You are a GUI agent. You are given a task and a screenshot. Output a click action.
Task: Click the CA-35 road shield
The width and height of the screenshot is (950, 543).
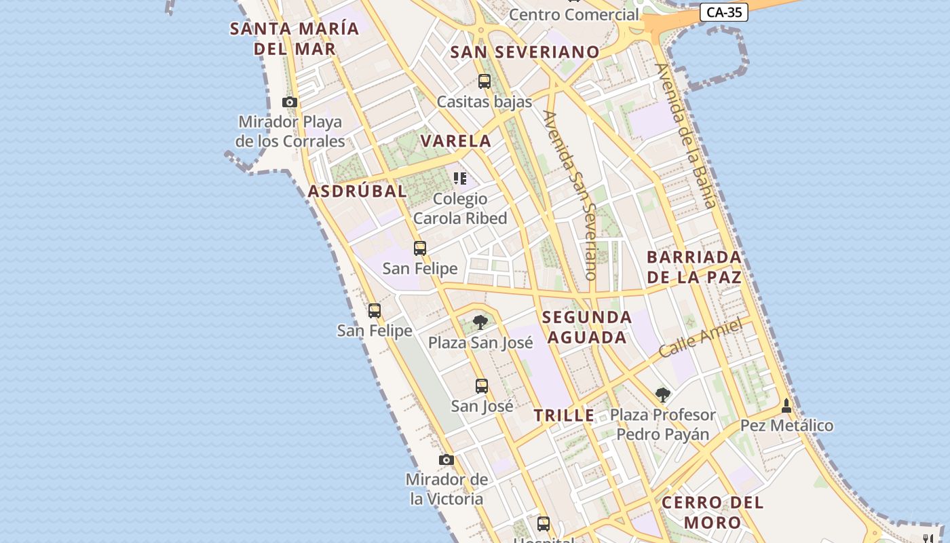point(723,12)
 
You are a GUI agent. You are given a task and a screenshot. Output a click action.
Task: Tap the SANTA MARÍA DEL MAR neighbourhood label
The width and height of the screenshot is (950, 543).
point(294,39)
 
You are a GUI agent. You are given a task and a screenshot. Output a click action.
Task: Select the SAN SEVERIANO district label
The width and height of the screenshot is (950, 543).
point(525,52)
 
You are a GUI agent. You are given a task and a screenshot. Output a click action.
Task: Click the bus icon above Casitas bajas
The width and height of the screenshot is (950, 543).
point(484,81)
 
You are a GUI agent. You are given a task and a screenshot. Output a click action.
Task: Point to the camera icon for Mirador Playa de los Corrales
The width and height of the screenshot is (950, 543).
point(290,102)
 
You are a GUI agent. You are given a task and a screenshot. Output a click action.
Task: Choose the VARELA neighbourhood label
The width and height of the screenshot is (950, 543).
point(456,141)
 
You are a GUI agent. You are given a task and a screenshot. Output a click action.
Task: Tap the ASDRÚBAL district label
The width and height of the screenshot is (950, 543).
point(358,191)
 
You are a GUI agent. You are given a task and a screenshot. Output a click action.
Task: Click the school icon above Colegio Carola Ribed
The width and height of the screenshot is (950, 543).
point(460,179)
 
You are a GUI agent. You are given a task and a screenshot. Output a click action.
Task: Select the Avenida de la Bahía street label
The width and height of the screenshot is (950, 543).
point(686,135)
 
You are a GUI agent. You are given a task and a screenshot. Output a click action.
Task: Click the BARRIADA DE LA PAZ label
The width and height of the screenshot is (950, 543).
point(694,267)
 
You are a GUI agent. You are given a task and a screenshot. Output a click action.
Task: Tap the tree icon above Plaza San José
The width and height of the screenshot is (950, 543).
point(480,322)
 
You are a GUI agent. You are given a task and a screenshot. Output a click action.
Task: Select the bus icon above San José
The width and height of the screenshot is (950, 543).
point(482,386)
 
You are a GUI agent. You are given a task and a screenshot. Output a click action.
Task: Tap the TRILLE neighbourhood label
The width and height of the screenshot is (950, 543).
point(564,416)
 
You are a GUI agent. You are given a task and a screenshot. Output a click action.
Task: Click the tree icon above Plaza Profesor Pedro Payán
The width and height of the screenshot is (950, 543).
point(663,394)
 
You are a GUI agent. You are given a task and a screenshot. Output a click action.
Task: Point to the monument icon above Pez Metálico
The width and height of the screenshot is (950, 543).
point(786,406)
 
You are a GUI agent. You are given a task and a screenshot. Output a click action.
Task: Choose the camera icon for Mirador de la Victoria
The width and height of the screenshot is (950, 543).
point(446,460)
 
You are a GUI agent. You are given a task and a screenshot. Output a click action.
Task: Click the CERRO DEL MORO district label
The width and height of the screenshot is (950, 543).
point(712,512)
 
